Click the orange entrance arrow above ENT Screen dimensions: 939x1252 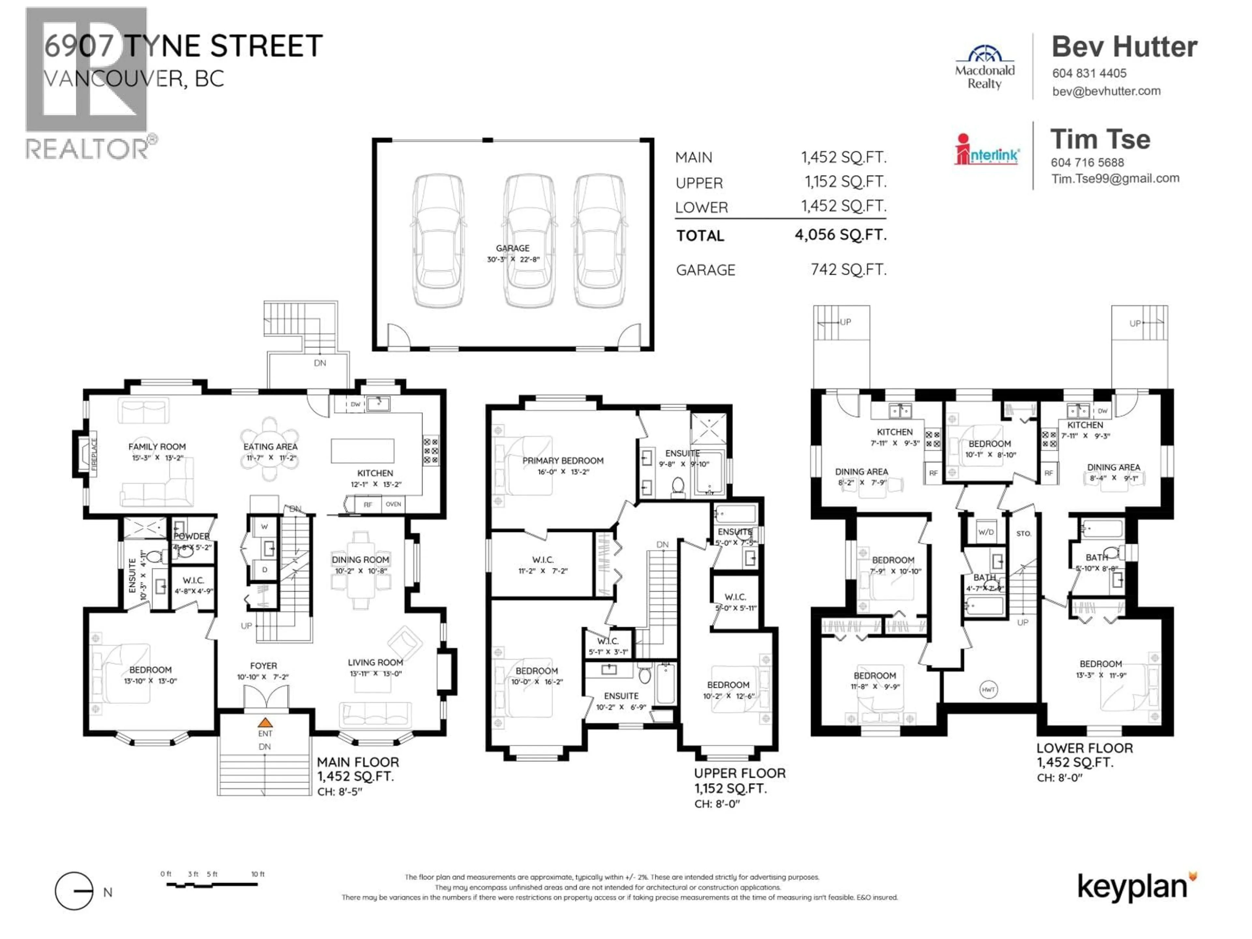(x=265, y=723)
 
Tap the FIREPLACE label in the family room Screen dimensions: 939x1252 (x=94, y=454)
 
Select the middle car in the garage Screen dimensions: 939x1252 (x=529, y=241)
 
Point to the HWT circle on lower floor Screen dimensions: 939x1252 (x=988, y=689)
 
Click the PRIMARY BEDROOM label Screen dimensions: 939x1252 (x=563, y=461)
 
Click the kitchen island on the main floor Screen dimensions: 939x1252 (x=362, y=451)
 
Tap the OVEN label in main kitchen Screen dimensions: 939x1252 (x=394, y=504)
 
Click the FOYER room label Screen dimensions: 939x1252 (x=263, y=666)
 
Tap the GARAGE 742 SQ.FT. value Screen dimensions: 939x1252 (x=848, y=269)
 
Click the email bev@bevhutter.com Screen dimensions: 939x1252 (x=1106, y=91)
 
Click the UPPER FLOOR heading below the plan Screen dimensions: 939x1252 (x=739, y=773)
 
